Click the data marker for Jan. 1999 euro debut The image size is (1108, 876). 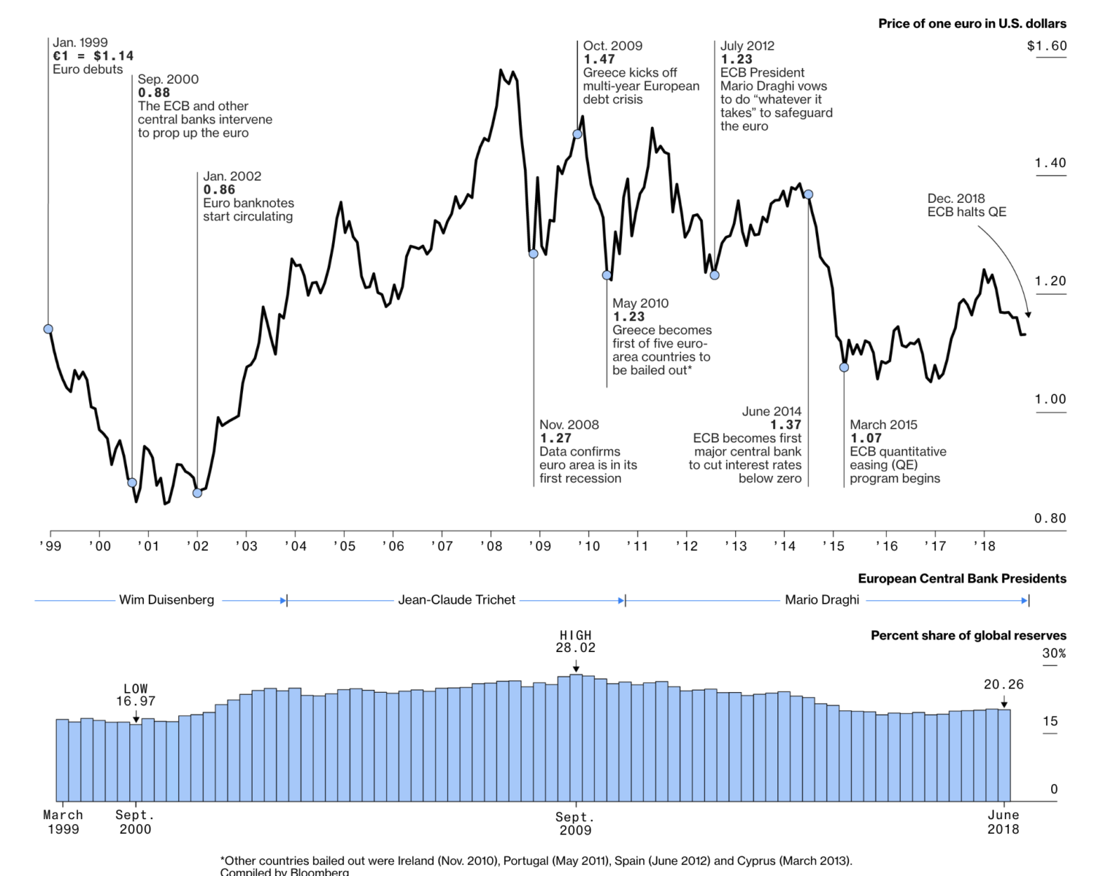[x=48, y=329]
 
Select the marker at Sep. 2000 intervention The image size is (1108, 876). [x=132, y=483]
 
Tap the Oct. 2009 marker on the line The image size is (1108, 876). [x=577, y=134]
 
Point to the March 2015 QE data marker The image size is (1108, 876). [x=844, y=367]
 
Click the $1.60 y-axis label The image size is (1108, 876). [x=1047, y=46]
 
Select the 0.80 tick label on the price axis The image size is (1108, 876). [x=1050, y=518]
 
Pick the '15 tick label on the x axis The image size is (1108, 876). [x=833, y=546]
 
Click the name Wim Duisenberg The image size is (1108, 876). [x=166, y=600]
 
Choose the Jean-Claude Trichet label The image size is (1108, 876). [x=456, y=600]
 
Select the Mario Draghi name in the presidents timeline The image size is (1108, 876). [x=822, y=600]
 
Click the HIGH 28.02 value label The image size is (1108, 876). [x=575, y=642]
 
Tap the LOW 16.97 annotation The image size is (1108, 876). [x=136, y=695]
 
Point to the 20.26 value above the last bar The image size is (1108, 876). [x=1004, y=685]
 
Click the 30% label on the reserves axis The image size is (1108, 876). [x=1053, y=653]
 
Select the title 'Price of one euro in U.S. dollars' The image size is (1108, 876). [x=972, y=23]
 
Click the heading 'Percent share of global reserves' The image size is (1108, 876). [x=968, y=636]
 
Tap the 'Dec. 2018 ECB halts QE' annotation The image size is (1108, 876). [x=966, y=205]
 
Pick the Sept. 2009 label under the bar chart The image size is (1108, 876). [x=575, y=823]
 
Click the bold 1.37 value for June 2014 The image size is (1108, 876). [x=785, y=425]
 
